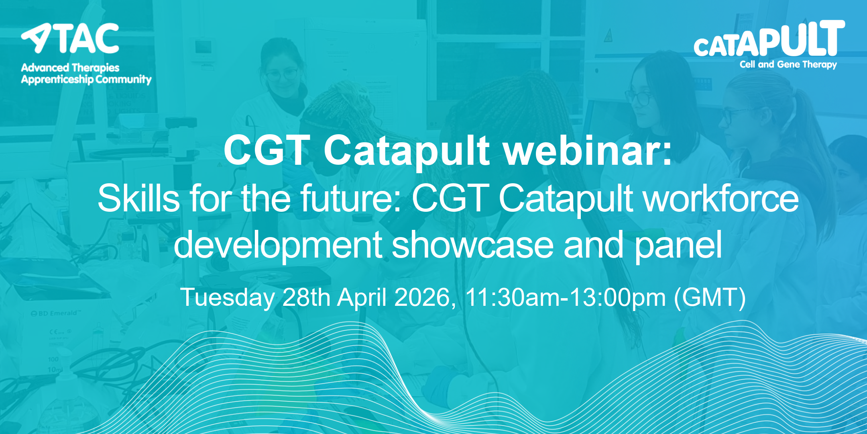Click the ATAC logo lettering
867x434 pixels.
coord(70,38)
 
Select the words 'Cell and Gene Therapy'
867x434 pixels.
coord(788,65)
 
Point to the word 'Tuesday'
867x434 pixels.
coord(228,298)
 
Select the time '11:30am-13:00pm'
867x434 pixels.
coord(566,298)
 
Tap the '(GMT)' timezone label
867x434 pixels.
coord(710,298)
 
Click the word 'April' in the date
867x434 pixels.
coord(362,298)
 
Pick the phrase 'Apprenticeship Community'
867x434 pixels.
coord(86,80)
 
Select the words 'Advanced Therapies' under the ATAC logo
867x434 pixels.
coord(70,68)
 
